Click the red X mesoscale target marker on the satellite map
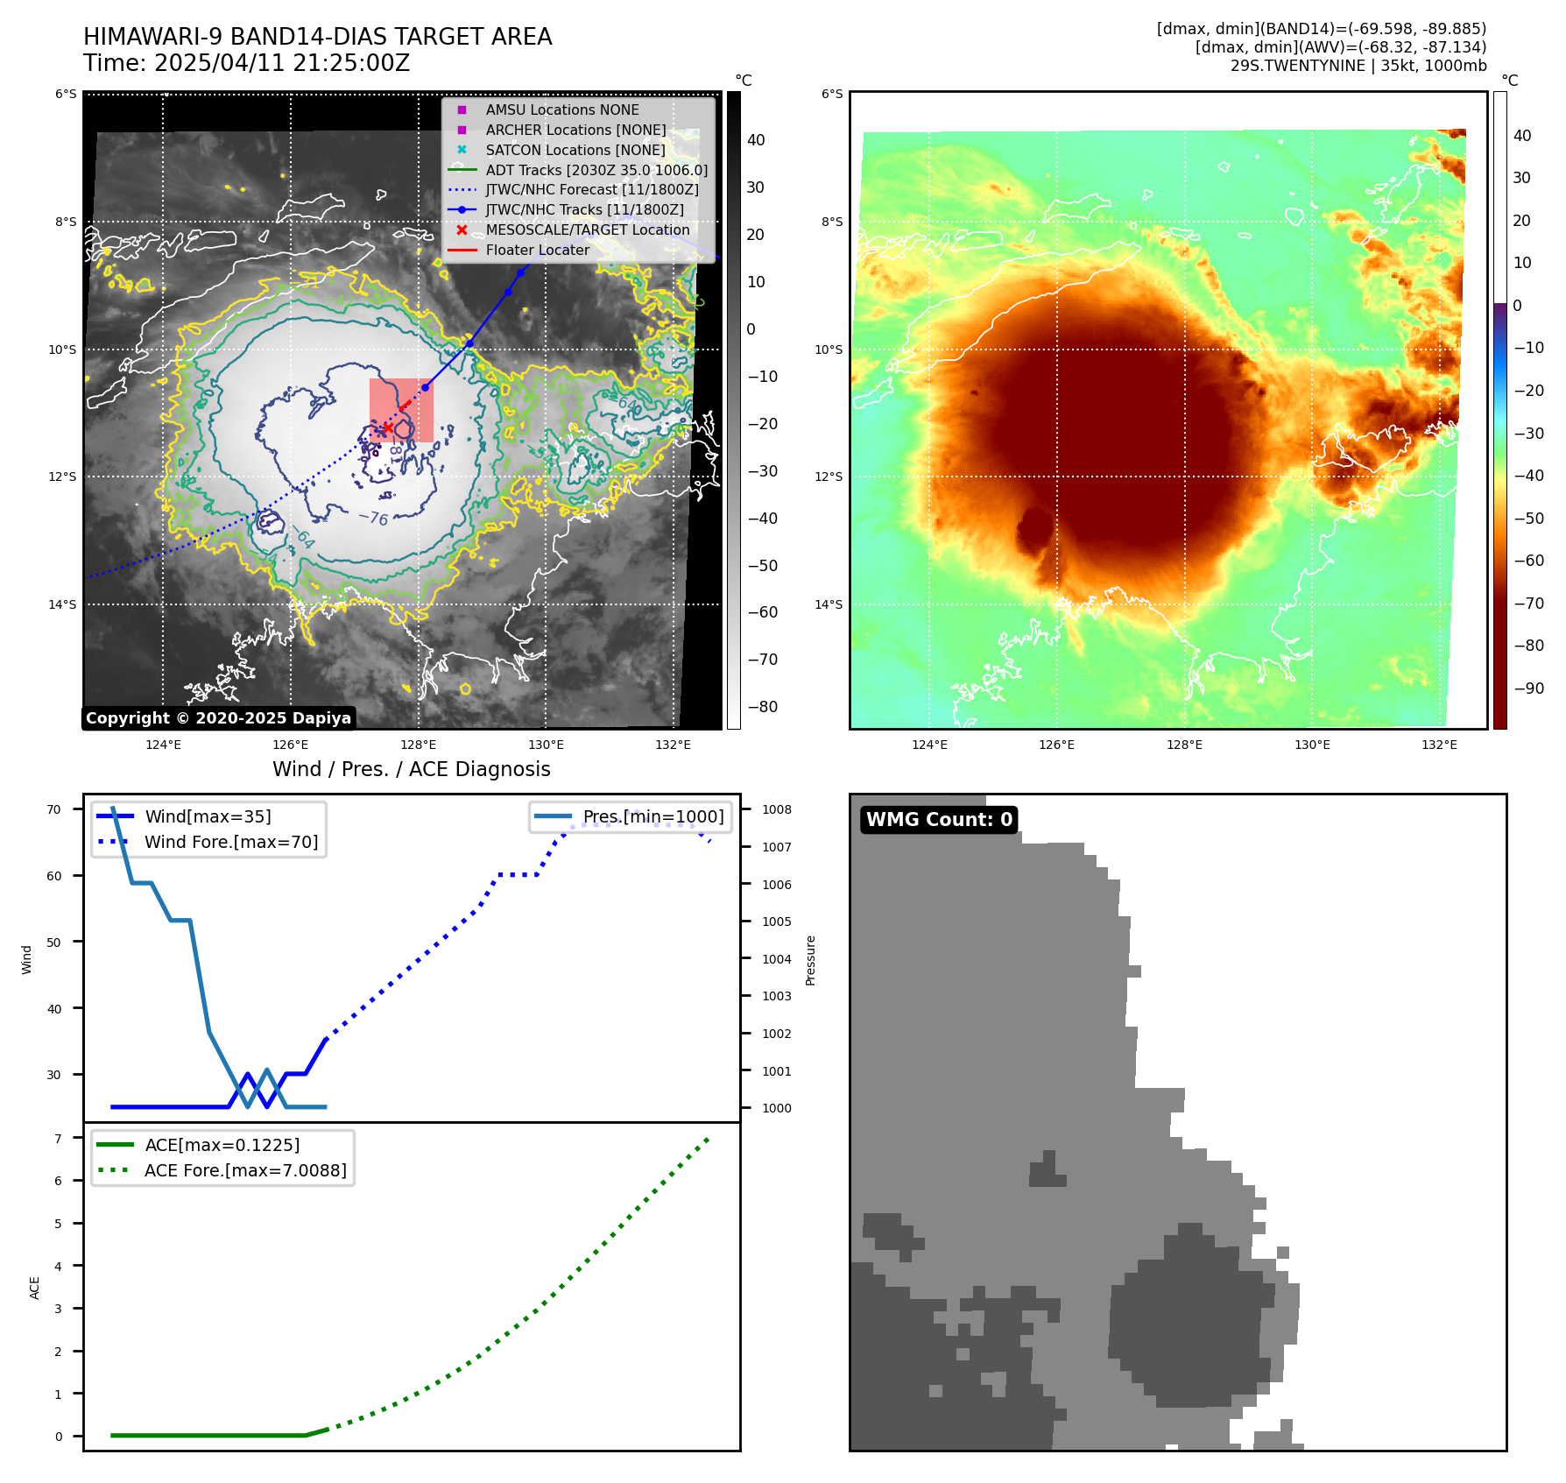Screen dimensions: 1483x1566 point(387,427)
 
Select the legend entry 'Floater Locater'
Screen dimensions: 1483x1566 point(537,250)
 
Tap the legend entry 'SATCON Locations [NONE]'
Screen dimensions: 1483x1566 point(575,150)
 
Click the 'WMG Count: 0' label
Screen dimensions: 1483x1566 point(939,820)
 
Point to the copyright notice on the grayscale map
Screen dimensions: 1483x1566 point(218,718)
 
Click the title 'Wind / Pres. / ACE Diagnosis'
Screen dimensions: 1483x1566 point(412,769)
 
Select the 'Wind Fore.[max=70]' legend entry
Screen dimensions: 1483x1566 point(231,842)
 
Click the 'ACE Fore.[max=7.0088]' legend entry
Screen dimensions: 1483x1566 point(245,1170)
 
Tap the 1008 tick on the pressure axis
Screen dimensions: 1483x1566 point(776,809)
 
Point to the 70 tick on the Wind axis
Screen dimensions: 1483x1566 point(54,809)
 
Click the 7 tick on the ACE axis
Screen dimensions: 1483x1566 point(59,1139)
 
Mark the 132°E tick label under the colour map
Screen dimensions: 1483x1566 point(1439,745)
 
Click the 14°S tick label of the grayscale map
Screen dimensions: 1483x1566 point(62,604)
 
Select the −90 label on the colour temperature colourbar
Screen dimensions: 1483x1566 point(1528,689)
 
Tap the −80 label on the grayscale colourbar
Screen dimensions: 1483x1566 point(762,707)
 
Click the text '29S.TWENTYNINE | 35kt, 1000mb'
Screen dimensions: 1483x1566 point(1358,66)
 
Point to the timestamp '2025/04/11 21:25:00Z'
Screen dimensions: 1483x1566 point(282,63)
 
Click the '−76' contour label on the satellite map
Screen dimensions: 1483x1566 point(374,518)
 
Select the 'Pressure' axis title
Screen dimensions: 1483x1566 point(810,960)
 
